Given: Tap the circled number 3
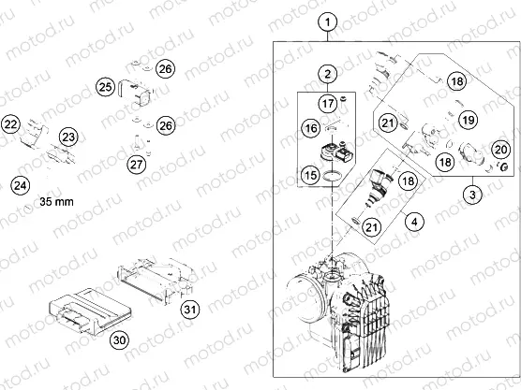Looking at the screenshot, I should pos(474,194).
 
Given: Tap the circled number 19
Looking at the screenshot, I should pos(469,120).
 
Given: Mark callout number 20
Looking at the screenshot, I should pos(500,149).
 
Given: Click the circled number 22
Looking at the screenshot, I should pos(12,123).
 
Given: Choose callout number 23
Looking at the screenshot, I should pos(68,137).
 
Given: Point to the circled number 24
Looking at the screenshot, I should pos(20,186).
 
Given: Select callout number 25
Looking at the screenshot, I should pos(105,88).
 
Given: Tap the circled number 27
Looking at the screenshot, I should pos(137,166).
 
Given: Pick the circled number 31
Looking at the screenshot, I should pos(190,310).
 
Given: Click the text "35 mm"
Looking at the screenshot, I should pos(58,200).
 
